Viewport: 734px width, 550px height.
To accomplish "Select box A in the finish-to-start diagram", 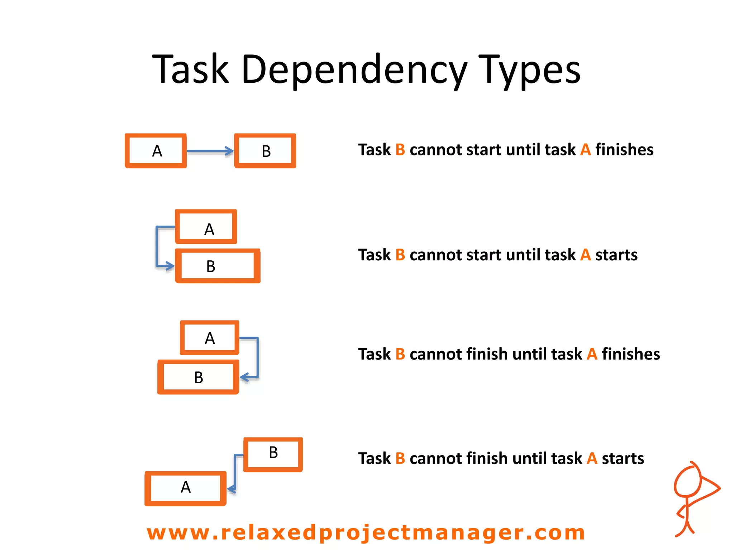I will pyautogui.click(x=156, y=151).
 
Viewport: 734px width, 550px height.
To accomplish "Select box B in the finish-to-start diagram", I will pyautogui.click(x=265, y=151).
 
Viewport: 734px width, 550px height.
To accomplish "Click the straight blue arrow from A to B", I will pyautogui.click(x=210, y=151).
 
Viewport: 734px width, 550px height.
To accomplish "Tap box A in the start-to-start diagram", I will pyautogui.click(x=206, y=227).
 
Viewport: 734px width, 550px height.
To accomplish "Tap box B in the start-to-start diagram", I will pyautogui.click(x=218, y=266).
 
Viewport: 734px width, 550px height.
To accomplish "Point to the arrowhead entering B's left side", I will pyautogui.click(x=169, y=266).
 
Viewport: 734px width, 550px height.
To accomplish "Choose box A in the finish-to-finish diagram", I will pyautogui.click(x=210, y=338).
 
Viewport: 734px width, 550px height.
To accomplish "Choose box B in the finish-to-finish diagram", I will pyautogui.click(x=198, y=377).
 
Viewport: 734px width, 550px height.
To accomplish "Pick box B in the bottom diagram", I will pyautogui.click(x=273, y=454).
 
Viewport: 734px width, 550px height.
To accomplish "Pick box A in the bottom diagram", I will pyautogui.click(x=185, y=488).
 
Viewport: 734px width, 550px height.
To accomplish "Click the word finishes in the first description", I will pyautogui.click(x=624, y=150).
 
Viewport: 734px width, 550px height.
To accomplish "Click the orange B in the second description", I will pyautogui.click(x=400, y=255).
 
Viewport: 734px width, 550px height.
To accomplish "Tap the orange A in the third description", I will pyautogui.click(x=592, y=354).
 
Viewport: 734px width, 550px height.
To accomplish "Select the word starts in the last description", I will pyautogui.click(x=623, y=458).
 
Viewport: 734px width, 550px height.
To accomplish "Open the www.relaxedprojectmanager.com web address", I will pyautogui.click(x=366, y=532).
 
